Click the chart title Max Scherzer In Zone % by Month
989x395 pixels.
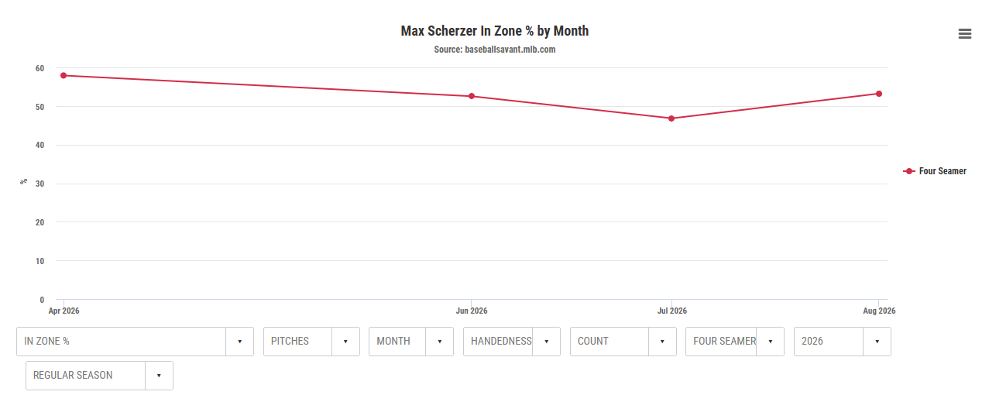click(x=494, y=31)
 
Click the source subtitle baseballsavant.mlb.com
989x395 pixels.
click(x=494, y=50)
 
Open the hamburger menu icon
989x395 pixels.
click(x=965, y=33)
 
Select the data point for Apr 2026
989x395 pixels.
click(x=64, y=75)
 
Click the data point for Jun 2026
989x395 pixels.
click(x=472, y=96)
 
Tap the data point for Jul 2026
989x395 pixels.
click(x=671, y=118)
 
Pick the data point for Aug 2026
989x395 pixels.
click(x=879, y=94)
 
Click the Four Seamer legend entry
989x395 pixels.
click(x=935, y=171)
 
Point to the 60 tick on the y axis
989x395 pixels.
click(x=39, y=68)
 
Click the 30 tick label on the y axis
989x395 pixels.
click(x=39, y=184)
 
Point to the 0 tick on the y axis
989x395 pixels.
click(x=42, y=300)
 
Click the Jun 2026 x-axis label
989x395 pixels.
click(x=472, y=311)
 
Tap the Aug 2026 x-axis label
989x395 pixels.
click(x=879, y=311)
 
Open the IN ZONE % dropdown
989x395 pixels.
click(x=135, y=342)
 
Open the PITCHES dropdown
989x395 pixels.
click(x=311, y=342)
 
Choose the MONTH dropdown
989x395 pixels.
click(x=411, y=342)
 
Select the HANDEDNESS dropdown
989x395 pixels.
click(x=512, y=342)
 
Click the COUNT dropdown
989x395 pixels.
click(x=623, y=342)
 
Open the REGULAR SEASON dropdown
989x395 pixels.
click(x=99, y=376)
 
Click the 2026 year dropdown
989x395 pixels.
click(x=843, y=342)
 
